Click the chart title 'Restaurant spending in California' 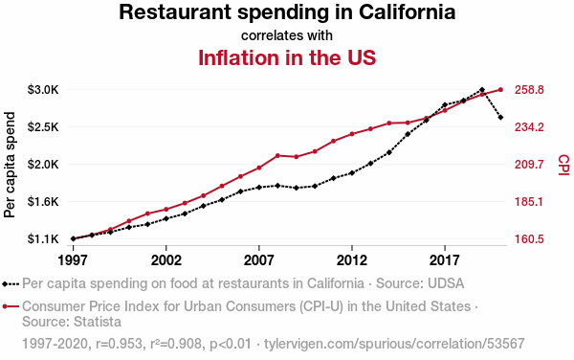pos(287,12)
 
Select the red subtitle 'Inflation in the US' pos(287,57)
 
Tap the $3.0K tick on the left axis pos(43,90)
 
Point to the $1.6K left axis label pos(43,201)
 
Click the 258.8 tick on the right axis pos(529,90)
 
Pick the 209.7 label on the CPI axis pos(529,165)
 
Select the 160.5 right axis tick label pos(529,239)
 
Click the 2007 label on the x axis pos(259,260)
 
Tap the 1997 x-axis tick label pos(73,260)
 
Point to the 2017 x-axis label pos(445,260)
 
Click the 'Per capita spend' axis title pos(10,165)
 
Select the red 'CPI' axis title pos(563,165)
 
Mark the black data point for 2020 pos(500,118)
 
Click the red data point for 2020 pos(500,90)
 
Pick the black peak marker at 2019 pos(482,90)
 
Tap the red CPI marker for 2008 pos(277,156)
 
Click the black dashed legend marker pos(11,283)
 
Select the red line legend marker pos(11,306)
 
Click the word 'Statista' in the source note pos(97,322)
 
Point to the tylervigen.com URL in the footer pos(394,344)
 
